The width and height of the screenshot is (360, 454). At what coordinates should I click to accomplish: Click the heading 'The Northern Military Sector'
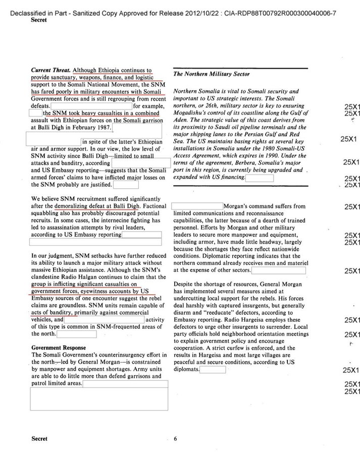[212, 74]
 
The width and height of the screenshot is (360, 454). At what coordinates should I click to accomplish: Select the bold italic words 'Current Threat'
[50, 70]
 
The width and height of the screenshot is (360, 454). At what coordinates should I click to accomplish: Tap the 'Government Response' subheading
[59, 348]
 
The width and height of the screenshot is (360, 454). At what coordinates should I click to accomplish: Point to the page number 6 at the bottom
[175, 439]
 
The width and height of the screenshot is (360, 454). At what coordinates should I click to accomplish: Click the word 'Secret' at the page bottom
[39, 439]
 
